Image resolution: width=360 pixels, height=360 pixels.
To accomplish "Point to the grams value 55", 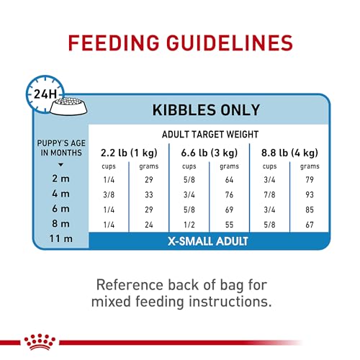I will [230, 225].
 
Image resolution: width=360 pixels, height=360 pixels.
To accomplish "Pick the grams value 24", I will [149, 225].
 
